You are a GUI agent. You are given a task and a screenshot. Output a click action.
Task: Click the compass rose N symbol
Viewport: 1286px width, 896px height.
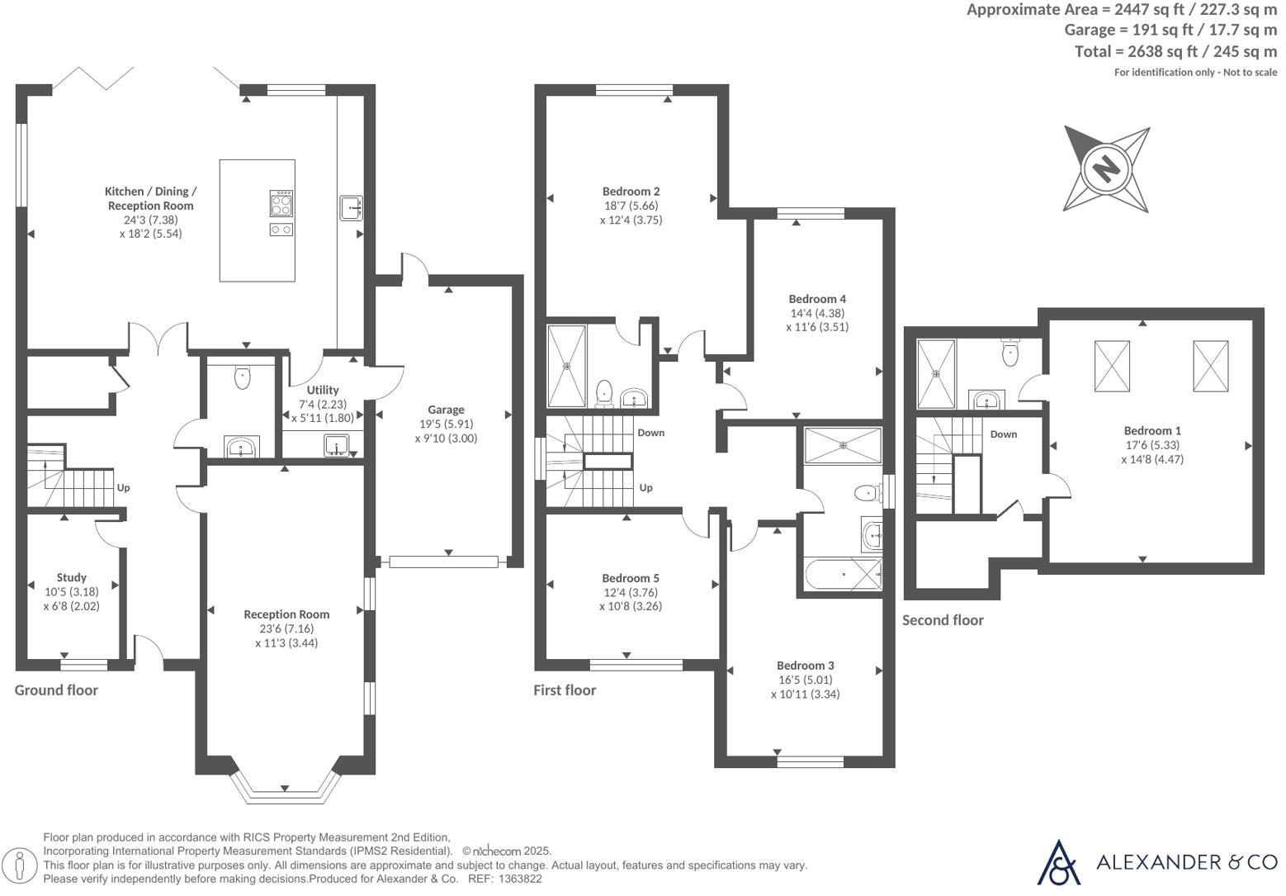1105,168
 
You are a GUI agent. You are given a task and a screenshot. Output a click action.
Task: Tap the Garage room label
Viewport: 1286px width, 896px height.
446,410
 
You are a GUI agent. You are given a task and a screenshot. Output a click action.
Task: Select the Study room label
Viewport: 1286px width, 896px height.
72,577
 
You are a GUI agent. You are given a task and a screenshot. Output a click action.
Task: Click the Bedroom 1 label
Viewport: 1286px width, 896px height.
1152,430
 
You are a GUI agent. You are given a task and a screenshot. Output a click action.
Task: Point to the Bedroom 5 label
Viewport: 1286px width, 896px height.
631,578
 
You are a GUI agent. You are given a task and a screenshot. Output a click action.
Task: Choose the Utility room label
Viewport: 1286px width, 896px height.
323,390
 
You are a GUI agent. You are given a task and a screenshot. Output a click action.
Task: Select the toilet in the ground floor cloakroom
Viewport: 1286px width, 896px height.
242,377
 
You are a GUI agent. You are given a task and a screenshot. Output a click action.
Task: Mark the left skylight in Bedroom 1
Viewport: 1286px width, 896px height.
1111,366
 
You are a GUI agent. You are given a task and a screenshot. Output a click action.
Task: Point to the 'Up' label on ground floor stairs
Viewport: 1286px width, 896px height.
123,487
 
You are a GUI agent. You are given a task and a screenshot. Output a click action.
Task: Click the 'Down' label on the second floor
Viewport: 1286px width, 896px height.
1004,434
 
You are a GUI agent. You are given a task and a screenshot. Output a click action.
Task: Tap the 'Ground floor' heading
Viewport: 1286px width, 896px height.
56,690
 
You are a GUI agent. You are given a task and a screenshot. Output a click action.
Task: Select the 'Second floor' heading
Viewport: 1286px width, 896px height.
943,620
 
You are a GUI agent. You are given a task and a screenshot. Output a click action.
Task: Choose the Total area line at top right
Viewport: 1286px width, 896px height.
1175,51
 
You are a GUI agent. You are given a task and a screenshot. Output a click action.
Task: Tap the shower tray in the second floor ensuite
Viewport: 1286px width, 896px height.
937,373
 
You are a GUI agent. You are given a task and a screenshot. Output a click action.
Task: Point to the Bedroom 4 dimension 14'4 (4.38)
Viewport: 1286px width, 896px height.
817,313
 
